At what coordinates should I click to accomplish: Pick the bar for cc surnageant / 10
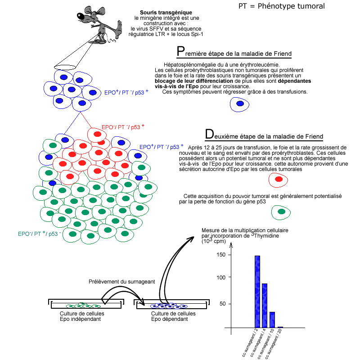[272, 319]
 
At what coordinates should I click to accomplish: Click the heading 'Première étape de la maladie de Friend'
[234, 53]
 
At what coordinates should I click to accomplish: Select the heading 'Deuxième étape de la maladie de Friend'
[264, 135]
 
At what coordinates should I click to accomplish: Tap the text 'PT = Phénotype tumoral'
[281, 6]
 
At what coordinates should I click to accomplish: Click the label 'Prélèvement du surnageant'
[122, 282]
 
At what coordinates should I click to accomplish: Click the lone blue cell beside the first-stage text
[240, 104]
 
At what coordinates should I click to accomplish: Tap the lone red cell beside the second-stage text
[279, 180]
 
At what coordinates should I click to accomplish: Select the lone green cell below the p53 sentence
[281, 211]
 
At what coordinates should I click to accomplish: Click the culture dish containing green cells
[85, 305]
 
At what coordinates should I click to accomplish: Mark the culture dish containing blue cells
[173, 305]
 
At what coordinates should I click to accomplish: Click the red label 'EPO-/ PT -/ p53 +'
[123, 127]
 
